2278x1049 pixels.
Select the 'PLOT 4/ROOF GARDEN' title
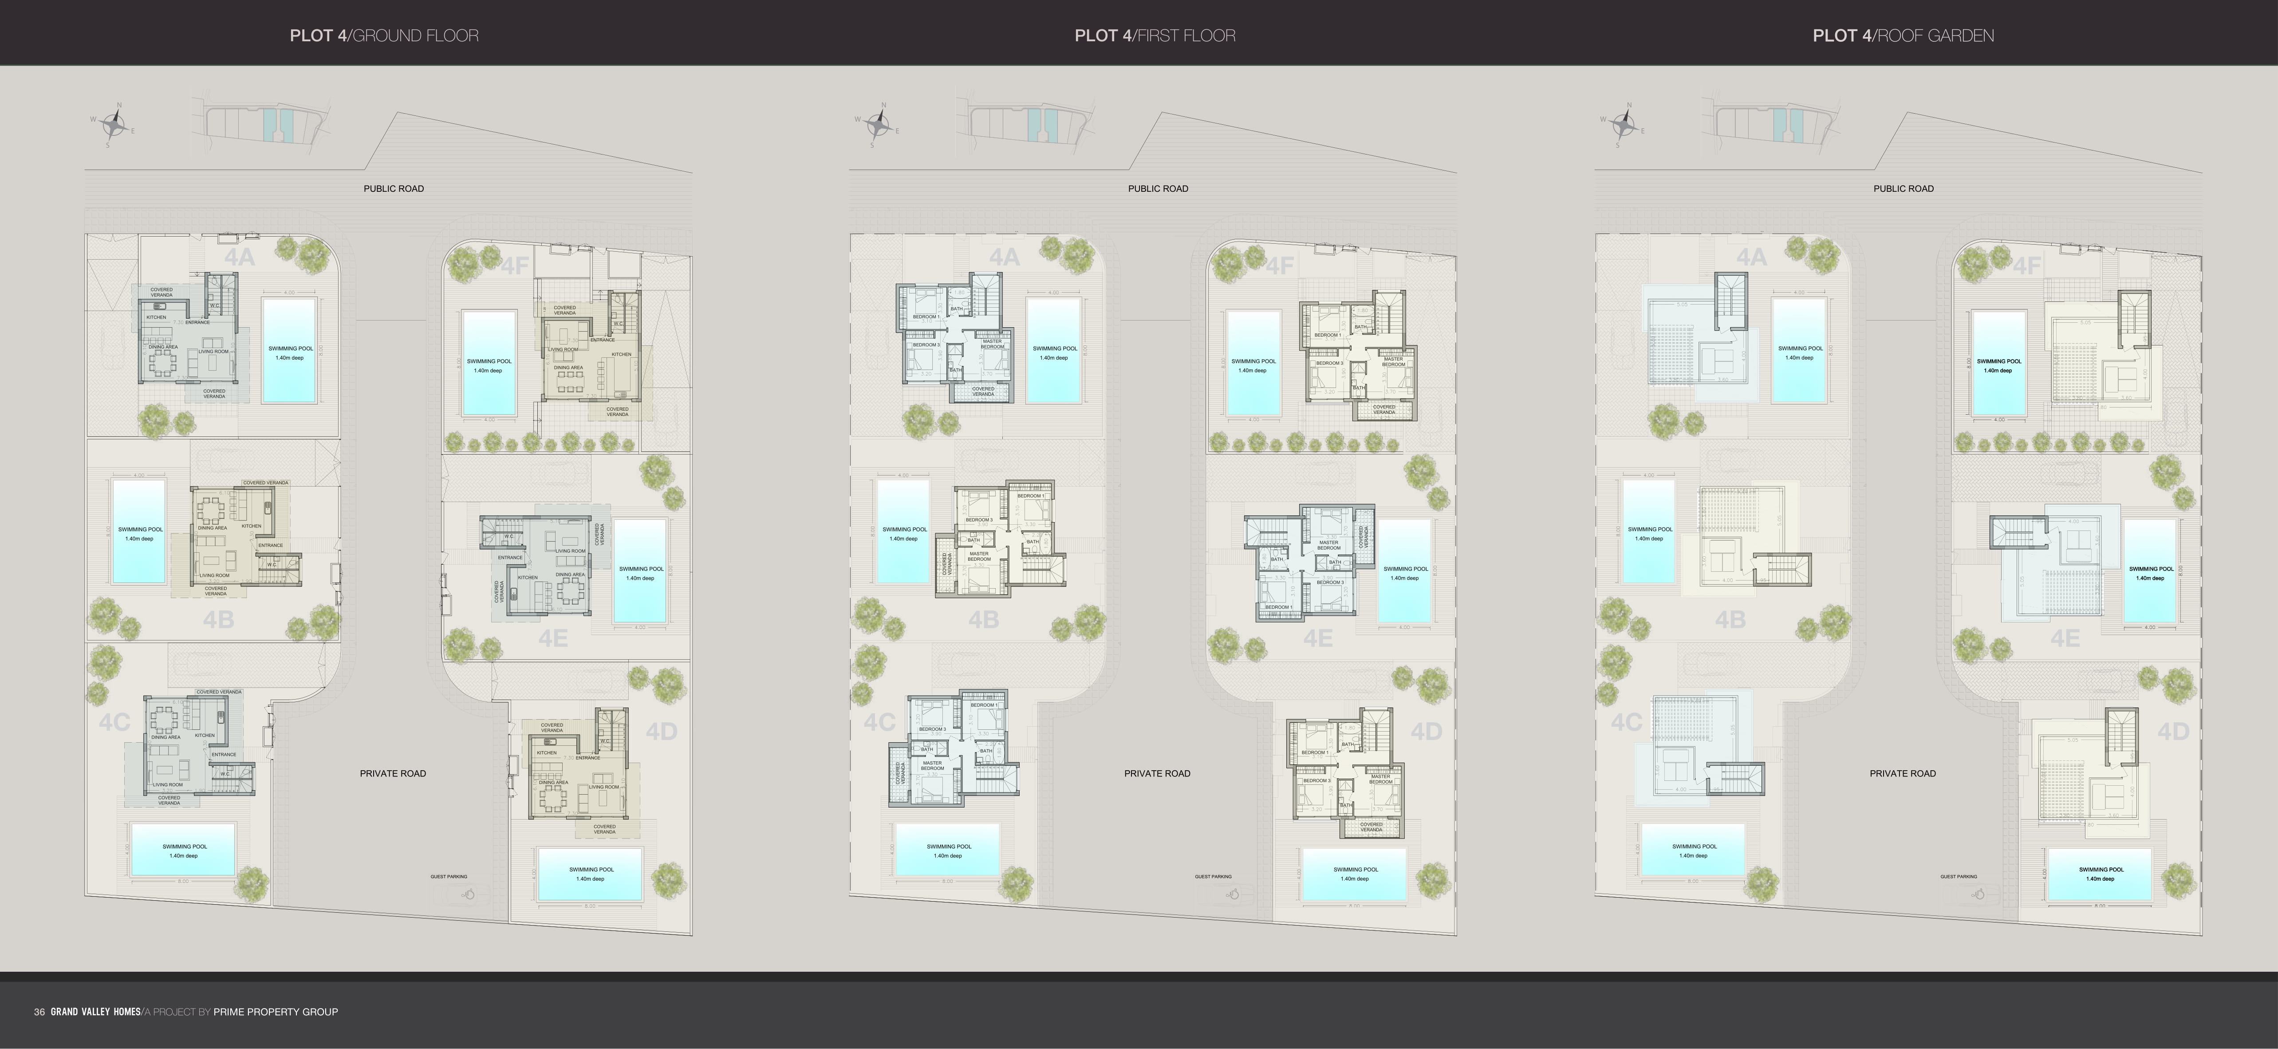1903,36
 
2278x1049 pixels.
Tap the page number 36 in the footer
39,1012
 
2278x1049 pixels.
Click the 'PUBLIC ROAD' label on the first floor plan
1158,188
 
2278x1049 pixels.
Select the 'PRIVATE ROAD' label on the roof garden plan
1902,773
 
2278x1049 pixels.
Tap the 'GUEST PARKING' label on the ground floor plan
448,876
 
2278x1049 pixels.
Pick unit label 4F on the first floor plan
1280,265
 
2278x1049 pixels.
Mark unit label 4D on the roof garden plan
2173,732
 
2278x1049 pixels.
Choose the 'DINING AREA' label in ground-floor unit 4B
212,528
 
